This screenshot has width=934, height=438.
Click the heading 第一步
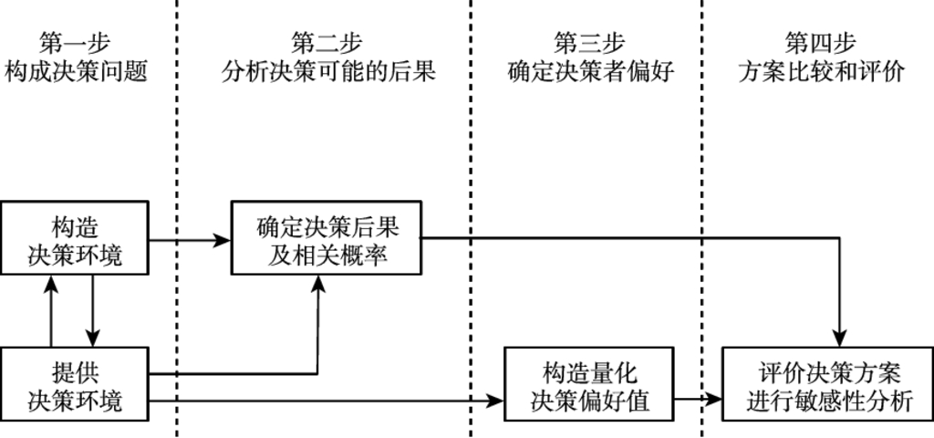(76, 42)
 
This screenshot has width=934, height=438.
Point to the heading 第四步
(820, 42)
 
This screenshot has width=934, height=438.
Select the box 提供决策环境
(75, 384)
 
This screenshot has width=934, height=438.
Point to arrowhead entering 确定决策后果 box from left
(223, 241)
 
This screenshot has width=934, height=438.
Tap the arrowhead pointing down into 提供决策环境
(93, 339)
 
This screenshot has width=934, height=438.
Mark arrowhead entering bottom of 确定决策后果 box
(317, 281)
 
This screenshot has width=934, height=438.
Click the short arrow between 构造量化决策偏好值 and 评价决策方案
(699, 399)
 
